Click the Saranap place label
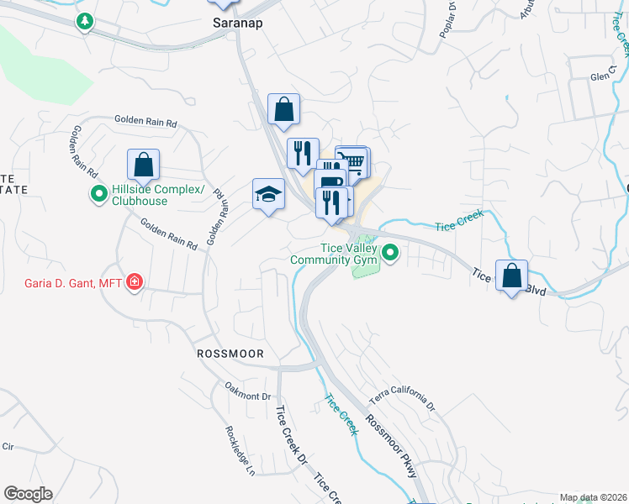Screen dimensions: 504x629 tap(237, 24)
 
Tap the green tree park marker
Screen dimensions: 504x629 tap(84, 21)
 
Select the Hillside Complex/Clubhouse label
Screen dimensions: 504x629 tap(158, 196)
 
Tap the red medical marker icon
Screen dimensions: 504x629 tap(133, 282)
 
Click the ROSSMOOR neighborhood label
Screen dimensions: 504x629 tap(230, 354)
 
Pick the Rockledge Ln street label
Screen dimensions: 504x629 tap(239, 449)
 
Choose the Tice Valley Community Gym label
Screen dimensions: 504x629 tap(331, 254)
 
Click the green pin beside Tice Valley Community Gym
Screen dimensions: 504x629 tap(390, 251)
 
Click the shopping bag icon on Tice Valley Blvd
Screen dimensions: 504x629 tap(511, 276)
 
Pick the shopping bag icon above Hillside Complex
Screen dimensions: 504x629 tap(143, 165)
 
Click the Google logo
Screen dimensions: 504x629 tap(28, 494)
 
